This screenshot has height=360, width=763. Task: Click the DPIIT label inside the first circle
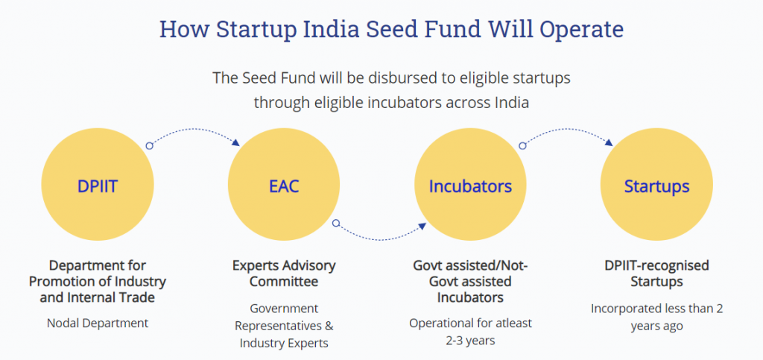[98, 186]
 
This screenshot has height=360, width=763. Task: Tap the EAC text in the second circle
[284, 186]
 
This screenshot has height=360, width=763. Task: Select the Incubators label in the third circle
[470, 186]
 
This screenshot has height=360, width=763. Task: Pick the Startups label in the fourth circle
[657, 186]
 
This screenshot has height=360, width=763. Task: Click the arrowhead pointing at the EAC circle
[236, 142]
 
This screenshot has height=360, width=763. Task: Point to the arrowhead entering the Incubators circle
[422, 226]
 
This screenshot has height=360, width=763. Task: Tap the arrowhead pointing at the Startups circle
[608, 142]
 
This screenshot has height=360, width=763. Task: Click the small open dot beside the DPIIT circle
[149, 145]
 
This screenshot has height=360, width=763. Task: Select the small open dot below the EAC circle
[336, 224]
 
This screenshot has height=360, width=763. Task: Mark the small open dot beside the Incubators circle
[522, 145]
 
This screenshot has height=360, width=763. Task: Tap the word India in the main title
[332, 29]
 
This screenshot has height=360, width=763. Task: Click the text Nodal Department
[98, 323]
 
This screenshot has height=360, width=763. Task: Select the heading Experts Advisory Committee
[284, 274]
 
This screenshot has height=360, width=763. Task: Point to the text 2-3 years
[470, 340]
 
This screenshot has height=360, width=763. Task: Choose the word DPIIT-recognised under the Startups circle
[657, 265]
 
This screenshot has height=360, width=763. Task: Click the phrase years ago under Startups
[657, 326]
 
